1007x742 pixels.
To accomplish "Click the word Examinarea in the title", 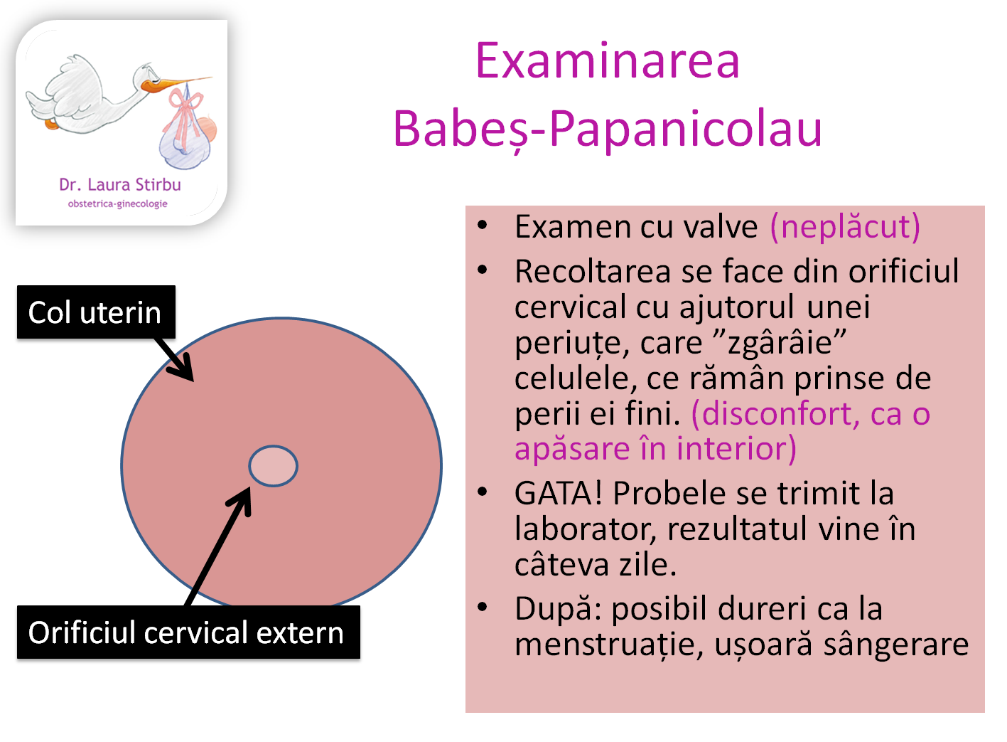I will pos(608,61).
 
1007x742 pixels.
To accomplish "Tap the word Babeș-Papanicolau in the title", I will pos(608,129).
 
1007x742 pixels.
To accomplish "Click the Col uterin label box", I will pos(95,312).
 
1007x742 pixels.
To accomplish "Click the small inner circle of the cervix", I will pos(273,466).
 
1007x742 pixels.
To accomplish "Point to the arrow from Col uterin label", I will pos(175,359).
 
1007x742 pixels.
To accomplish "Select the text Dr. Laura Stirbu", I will pos(120,185).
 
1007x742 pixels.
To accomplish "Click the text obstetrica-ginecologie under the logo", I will pos(118,204).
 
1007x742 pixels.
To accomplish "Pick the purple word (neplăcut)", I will pos(845,227).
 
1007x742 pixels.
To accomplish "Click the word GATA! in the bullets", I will pos(559,493).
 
